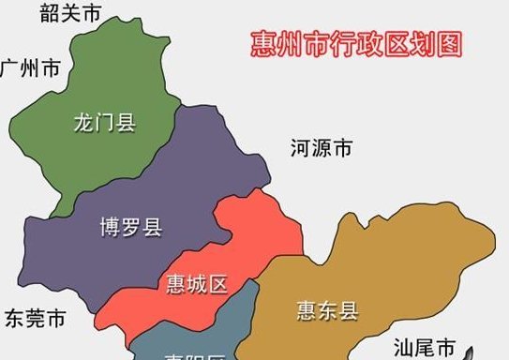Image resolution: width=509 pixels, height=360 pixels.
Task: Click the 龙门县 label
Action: pyautogui.click(x=105, y=123)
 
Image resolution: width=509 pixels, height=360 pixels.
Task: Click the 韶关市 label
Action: pyautogui.click(x=71, y=12)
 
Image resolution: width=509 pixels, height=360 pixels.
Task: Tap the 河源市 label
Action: pyautogui.click(x=322, y=147)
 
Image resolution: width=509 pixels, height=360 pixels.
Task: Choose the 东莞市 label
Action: pyautogui.click(x=35, y=317)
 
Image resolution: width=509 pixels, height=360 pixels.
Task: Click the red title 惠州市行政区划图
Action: pyautogui.click(x=357, y=45)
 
